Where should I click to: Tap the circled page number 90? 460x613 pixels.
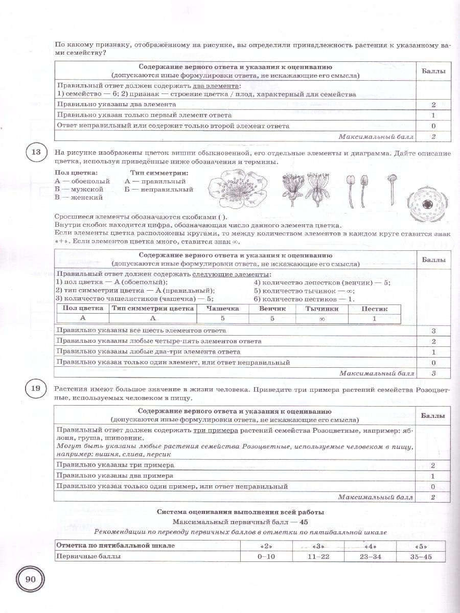click(x=30, y=579)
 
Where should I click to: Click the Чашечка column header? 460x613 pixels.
click(x=222, y=309)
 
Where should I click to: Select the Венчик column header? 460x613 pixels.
click(x=272, y=309)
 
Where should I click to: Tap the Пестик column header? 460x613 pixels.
click(x=374, y=309)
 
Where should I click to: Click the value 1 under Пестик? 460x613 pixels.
click(x=374, y=318)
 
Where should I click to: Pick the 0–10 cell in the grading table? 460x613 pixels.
click(x=266, y=556)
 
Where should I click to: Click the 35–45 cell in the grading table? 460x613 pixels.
click(x=421, y=556)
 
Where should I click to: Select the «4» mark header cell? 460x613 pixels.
click(x=370, y=545)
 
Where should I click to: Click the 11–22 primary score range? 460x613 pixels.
click(x=318, y=556)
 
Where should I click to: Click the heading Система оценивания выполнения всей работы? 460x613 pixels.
click(x=240, y=511)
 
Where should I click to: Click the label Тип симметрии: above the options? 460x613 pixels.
click(x=159, y=173)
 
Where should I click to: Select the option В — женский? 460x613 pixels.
click(x=79, y=197)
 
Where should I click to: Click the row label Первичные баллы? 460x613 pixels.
click(x=88, y=556)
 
